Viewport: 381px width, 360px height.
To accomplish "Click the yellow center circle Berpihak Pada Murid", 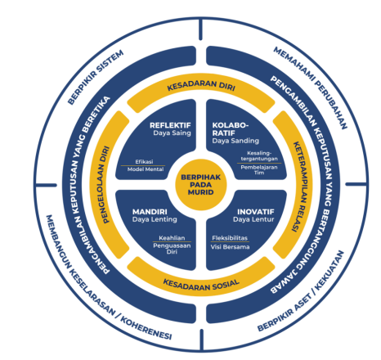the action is pos(201,185).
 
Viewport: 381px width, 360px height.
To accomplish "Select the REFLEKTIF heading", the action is pos(170,125).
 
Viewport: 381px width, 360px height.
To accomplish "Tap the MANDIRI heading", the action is pos(150,212).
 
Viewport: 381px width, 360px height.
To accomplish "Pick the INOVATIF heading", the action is pos(256,212).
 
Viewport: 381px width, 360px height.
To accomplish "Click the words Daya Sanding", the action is pos(235,141).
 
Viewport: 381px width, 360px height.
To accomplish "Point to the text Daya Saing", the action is pos(172,133).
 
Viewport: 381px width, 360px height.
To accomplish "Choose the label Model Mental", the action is pos(146,169).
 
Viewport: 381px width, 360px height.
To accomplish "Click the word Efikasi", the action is pos(144,161).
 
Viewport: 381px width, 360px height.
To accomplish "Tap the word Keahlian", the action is pos(172,238).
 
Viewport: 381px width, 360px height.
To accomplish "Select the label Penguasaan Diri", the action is pos(172,249).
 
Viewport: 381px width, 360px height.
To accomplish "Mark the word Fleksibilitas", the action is pos(230,238).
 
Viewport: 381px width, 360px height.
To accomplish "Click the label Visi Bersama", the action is pos(230,247).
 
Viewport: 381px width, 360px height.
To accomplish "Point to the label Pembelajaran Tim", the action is pos(259,169).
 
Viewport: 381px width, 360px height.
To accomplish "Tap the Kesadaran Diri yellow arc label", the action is pos(201,85).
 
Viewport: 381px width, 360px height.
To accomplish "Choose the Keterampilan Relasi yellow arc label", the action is pos(298,187).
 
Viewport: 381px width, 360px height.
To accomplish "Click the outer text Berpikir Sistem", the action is pos(96,77).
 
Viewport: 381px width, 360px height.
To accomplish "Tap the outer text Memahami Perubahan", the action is pos(311,88).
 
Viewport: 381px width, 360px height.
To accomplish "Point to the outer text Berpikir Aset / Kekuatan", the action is pos(301,290).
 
